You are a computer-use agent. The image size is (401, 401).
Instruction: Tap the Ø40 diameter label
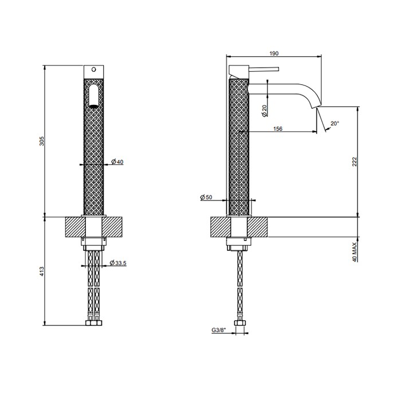pyautogui.click(x=117, y=162)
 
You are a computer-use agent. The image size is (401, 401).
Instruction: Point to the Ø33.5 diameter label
pyautogui.click(x=118, y=263)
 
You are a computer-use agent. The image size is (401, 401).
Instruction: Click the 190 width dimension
pyautogui.click(x=273, y=53)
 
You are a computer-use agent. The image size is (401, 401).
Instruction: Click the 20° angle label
pyautogui.click(x=335, y=123)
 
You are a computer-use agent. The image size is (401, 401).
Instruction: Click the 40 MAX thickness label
pyautogui.click(x=355, y=251)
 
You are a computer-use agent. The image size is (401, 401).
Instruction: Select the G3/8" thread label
pyautogui.click(x=219, y=331)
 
